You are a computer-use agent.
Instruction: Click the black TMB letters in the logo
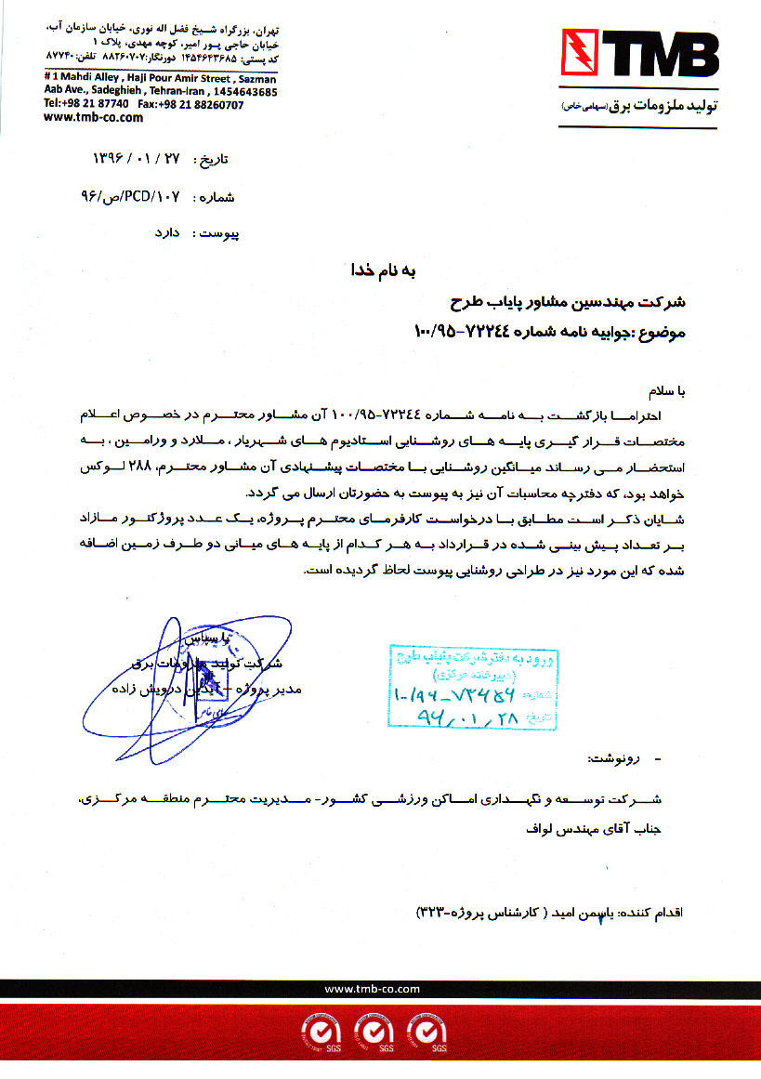[x=659, y=56]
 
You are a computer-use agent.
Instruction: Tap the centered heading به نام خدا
[x=381, y=271]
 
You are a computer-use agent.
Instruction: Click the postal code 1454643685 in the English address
[x=243, y=92]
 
